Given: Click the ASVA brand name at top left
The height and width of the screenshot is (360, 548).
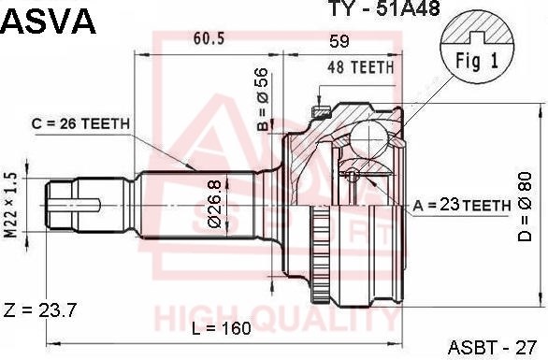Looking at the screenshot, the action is coord(48,22).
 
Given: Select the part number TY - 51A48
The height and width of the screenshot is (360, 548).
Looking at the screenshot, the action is coord(384,8).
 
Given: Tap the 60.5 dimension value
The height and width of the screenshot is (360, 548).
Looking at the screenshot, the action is coord(209,38).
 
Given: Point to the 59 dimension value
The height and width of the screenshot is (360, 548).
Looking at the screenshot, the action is coord(339,41).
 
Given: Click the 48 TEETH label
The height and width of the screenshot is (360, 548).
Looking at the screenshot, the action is coord(361,67).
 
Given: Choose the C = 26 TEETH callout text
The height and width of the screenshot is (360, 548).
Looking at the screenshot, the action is coord(80,123).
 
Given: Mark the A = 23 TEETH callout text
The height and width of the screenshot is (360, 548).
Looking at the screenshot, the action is coord(462,205).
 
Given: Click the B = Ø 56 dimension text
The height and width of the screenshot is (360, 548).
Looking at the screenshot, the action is coord(263,99).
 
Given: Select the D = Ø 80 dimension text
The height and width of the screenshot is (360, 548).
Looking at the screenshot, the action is coord(525,207).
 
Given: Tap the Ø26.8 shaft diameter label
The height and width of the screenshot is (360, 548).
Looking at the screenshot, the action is coord(214,204).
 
